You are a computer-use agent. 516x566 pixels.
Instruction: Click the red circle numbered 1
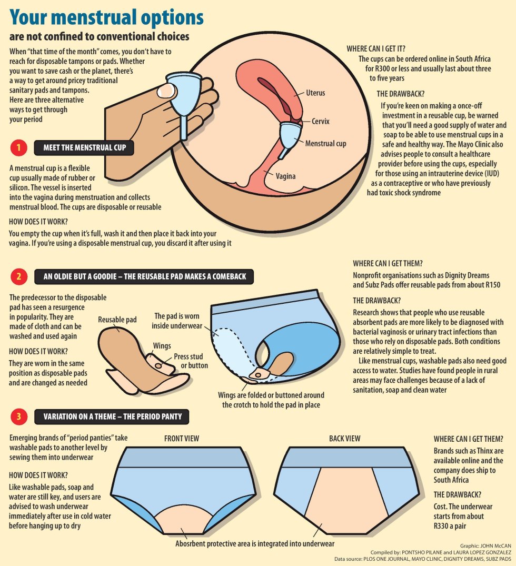tap(19, 148)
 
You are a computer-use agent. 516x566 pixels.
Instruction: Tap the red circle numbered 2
tap(19, 276)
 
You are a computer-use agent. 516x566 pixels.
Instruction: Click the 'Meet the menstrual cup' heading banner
tap(84, 148)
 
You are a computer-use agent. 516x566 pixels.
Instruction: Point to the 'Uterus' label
tap(315, 93)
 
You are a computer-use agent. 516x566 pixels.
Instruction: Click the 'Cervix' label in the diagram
tap(320, 121)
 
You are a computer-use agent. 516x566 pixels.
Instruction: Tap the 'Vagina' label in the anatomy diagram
tap(286, 176)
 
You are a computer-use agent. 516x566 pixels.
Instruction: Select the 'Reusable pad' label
tap(117, 320)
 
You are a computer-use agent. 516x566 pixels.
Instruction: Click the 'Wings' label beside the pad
tap(162, 346)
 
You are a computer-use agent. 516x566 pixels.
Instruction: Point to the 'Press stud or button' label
tap(191, 361)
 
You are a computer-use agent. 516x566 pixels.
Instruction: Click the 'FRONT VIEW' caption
tap(182, 438)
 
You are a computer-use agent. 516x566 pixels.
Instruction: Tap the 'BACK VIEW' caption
tap(345, 438)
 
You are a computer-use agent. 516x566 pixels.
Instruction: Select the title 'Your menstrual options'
tap(106, 18)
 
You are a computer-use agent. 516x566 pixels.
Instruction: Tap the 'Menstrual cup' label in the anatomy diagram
tap(326, 143)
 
